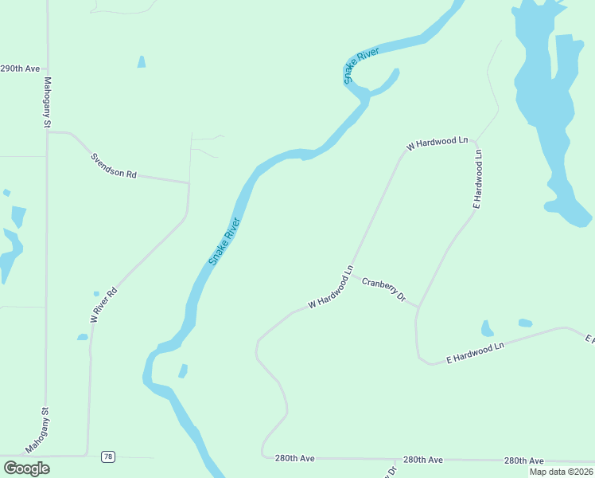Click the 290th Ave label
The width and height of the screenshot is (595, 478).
(x=20, y=69)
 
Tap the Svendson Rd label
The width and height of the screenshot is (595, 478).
(x=114, y=163)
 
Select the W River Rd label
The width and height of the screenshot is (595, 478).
(x=103, y=304)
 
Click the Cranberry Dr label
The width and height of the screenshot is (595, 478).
(x=383, y=291)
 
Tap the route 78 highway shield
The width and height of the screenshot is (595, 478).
(x=108, y=456)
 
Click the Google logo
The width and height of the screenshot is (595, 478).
(x=26, y=468)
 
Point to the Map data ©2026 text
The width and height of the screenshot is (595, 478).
(x=560, y=472)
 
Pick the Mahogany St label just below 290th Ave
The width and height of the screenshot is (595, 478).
(x=47, y=103)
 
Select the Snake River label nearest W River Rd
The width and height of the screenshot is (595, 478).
(x=224, y=241)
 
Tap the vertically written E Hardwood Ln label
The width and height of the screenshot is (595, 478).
(x=478, y=178)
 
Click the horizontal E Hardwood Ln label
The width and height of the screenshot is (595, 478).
(x=476, y=352)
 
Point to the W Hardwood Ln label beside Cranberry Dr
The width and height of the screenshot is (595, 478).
(x=330, y=291)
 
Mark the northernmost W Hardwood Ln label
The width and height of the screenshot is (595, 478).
(x=437, y=143)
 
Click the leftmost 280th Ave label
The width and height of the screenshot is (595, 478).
(x=295, y=459)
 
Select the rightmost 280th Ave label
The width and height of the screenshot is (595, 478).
(x=523, y=461)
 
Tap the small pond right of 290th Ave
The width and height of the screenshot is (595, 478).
(x=142, y=61)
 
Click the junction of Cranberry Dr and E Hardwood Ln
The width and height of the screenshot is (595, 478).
(x=418, y=307)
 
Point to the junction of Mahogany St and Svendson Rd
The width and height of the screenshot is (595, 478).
(x=48, y=132)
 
